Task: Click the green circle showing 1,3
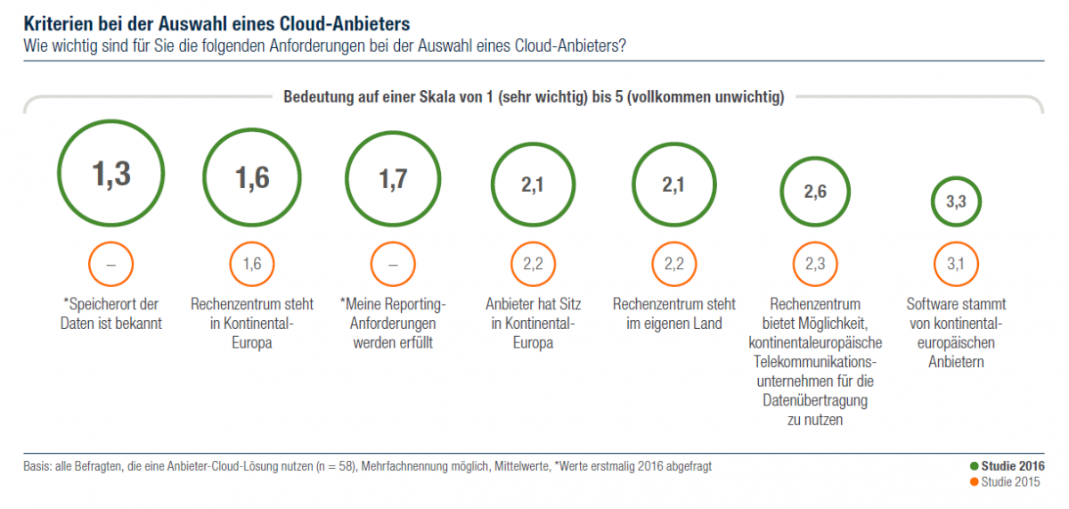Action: click(x=110, y=174)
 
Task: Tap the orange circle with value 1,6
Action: click(x=252, y=263)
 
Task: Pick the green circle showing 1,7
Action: click(x=393, y=180)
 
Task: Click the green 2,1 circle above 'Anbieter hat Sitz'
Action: click(x=533, y=185)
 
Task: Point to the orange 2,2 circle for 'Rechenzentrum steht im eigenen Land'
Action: click(x=674, y=263)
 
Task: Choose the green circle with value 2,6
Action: click(x=815, y=192)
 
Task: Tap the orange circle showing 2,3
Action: click(x=815, y=263)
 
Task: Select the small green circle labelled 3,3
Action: click(x=956, y=202)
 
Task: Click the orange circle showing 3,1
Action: click(x=956, y=263)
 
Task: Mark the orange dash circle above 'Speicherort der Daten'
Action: click(x=111, y=263)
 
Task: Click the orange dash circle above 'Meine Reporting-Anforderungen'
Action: click(x=393, y=263)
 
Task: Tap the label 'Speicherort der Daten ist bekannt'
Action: click(x=111, y=314)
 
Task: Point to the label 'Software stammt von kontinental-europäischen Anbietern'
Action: click(x=956, y=332)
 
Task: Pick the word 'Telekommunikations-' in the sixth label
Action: click(x=815, y=362)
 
